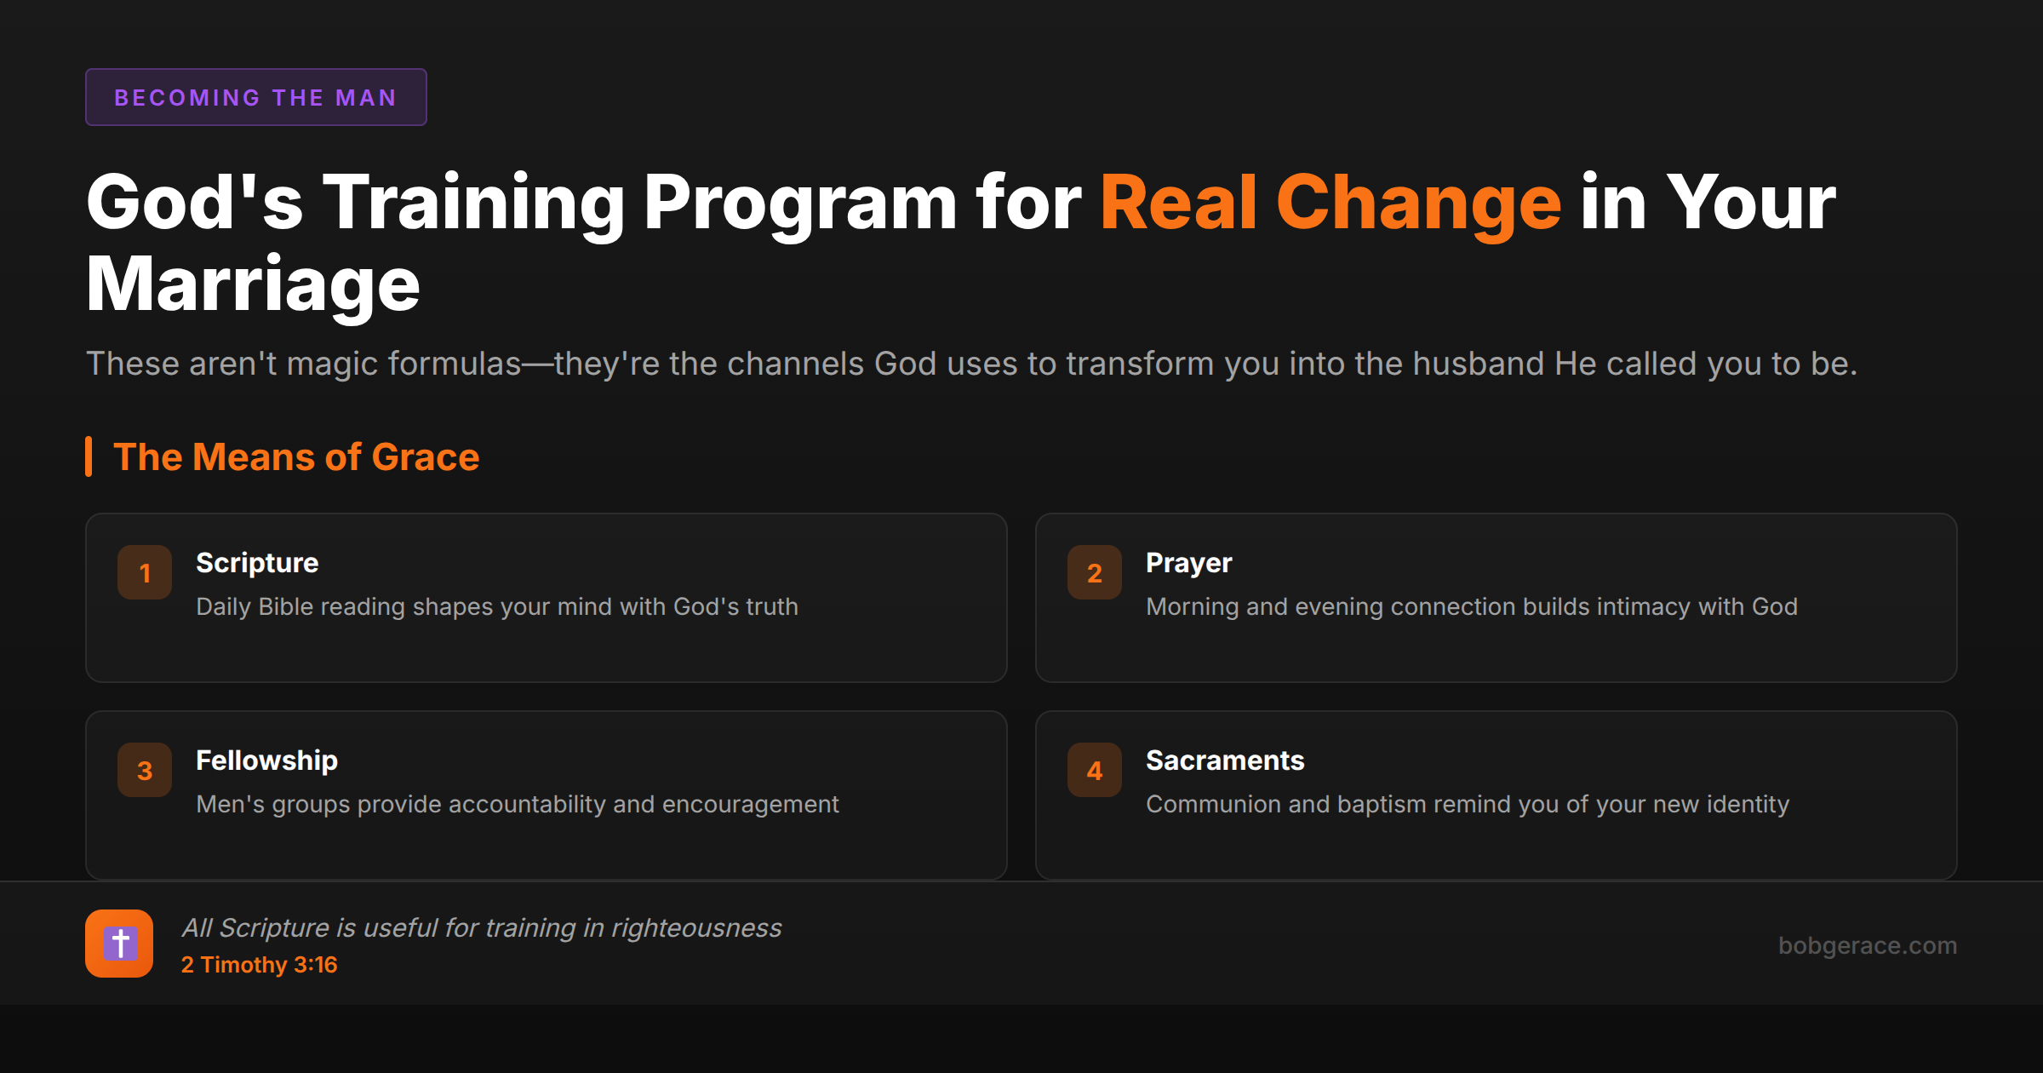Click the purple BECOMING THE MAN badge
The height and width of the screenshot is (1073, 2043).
tap(255, 97)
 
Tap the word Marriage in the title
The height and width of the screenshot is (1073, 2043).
tap(253, 284)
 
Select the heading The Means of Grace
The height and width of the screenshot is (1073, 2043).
tap(296, 457)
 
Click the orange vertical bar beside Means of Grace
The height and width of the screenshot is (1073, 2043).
tap(89, 456)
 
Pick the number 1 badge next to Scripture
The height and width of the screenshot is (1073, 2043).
tap(145, 572)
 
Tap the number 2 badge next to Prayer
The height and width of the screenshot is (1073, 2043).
tap(1095, 572)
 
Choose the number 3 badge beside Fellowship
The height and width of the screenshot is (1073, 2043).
tap(145, 770)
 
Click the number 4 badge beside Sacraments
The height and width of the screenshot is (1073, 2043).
tap(1095, 770)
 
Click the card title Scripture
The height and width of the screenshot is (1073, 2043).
tap(257, 563)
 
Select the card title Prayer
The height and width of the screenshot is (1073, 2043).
tap(1188, 563)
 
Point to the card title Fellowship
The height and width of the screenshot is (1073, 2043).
tap(266, 760)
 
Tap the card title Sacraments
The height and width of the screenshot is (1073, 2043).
tap(1224, 760)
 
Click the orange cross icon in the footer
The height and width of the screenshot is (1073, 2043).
tap(119, 944)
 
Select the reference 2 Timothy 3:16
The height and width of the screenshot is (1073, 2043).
tap(259, 965)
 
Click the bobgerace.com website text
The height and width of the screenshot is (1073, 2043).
tap(1867, 945)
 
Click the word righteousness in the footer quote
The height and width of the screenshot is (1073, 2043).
tap(696, 927)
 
